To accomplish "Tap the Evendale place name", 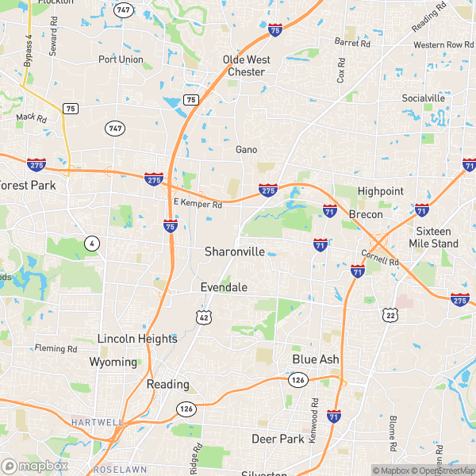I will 224,287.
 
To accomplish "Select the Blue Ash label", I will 316,359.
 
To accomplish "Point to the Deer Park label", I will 278,438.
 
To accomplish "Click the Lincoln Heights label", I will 137,339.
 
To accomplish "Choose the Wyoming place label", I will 113,362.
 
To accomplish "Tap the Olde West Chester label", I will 247,66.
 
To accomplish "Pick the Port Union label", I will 121,59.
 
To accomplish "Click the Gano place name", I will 247,149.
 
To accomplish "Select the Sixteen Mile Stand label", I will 438,237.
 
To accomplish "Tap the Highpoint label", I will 381,191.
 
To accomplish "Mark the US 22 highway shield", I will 390,315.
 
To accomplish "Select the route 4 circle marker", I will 94,244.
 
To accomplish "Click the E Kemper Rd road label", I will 197,204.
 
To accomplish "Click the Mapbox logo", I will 34,466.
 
